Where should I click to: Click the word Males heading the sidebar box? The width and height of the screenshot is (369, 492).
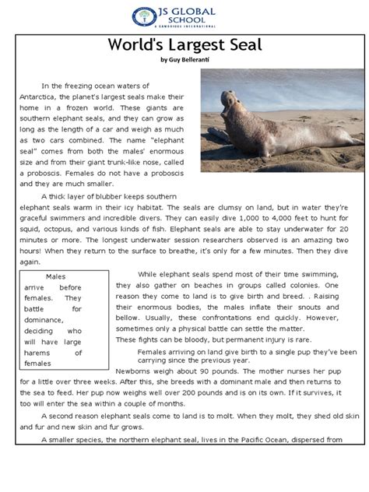click(x=55, y=276)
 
